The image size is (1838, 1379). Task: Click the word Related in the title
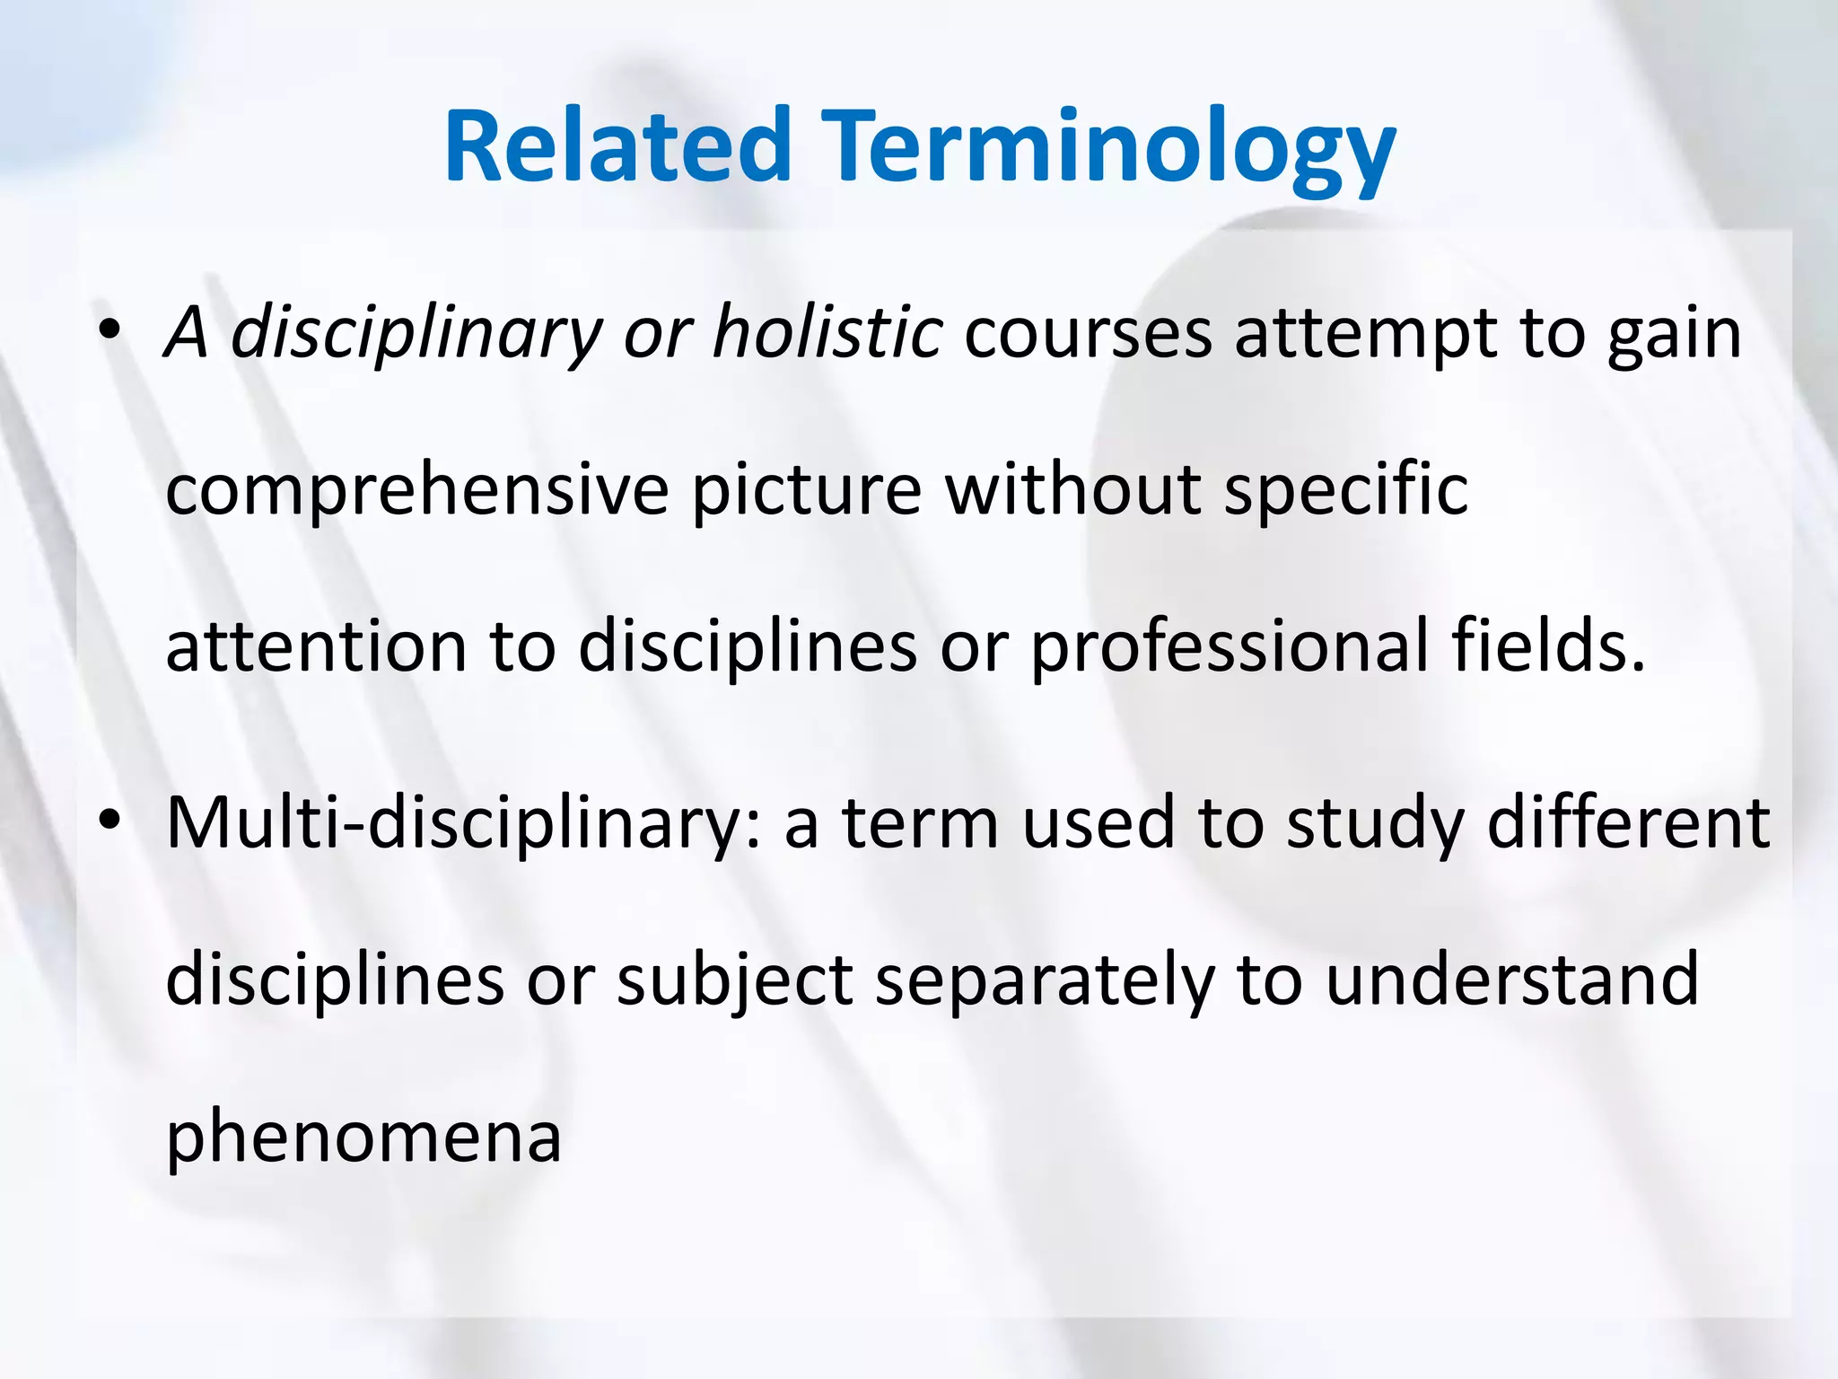point(617,145)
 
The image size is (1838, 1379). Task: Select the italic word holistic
point(827,332)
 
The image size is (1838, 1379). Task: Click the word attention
point(316,646)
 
